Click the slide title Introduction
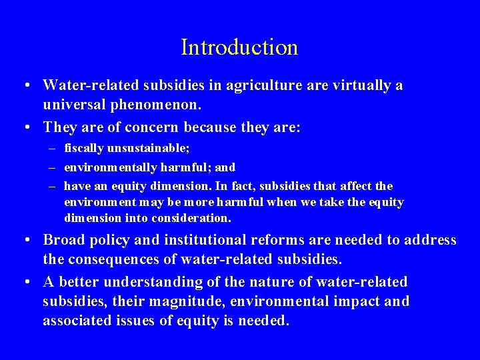point(239,47)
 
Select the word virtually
point(355,86)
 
